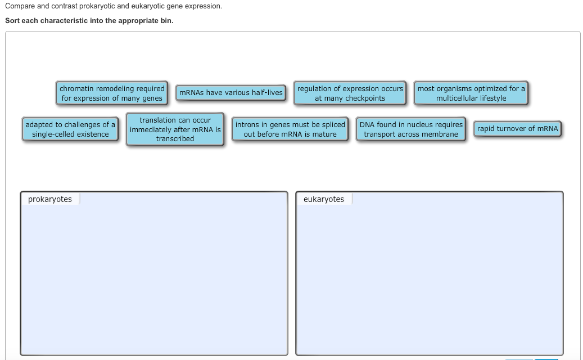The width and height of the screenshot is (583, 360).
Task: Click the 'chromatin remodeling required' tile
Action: pos(112,93)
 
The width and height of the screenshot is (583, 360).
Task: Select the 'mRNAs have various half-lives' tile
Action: pos(231,93)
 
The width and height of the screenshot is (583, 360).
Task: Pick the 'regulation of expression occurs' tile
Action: pos(350,93)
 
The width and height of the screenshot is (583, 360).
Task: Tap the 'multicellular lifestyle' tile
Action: pos(471,93)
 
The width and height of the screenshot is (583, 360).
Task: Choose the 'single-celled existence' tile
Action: pos(70,129)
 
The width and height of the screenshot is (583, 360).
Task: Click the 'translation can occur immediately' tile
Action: pos(175,129)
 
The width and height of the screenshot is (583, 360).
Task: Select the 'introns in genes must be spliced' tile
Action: pos(290,129)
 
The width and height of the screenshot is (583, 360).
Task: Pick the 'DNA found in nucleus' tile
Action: pos(411,129)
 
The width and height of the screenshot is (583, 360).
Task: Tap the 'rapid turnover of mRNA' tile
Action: pos(517,129)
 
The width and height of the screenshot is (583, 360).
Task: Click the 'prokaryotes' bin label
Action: pos(50,199)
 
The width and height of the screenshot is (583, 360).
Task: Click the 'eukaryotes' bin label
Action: pos(324,199)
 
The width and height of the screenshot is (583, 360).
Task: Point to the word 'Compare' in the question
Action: pos(20,6)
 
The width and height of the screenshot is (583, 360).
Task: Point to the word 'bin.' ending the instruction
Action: pos(167,20)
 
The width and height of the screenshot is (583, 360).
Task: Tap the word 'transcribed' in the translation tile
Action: pos(175,138)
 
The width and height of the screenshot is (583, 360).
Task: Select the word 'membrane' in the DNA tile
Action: pos(440,134)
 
